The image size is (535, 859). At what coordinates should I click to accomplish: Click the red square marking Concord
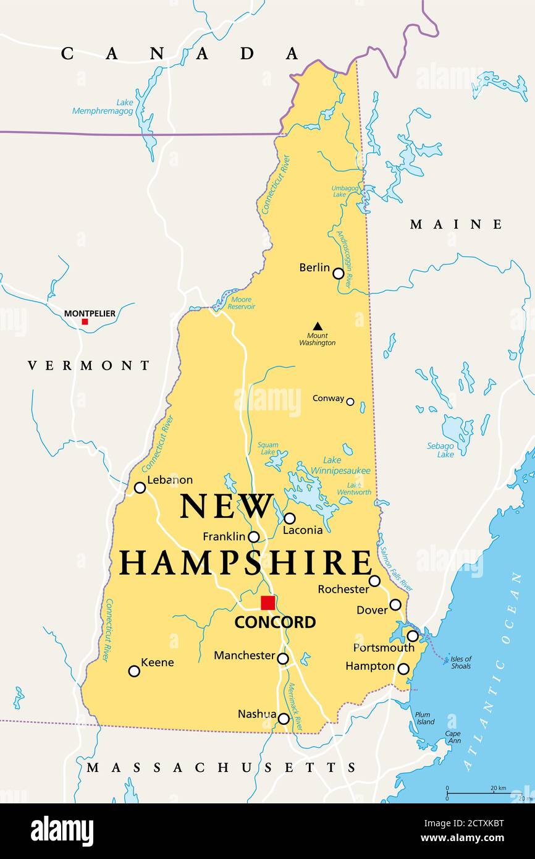coord(267,603)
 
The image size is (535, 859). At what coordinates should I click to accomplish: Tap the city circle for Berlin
coord(338,273)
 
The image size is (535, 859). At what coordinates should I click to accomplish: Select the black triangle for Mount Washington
coord(317,326)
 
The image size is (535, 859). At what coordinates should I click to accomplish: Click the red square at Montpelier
coord(85,321)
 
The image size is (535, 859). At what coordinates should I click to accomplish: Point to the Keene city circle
coord(134,671)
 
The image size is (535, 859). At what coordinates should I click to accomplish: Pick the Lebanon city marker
coord(140,488)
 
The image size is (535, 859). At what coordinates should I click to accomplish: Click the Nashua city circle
coord(284,718)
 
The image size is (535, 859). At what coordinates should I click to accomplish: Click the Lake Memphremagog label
coord(103,106)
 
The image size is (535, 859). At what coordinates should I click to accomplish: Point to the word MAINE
coord(456,224)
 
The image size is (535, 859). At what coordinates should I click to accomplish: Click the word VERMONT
coord(89,365)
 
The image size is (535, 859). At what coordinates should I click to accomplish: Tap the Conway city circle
coord(350,402)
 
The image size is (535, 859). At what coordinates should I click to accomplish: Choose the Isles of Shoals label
coord(461,662)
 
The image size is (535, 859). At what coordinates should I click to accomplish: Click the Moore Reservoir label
coord(240,303)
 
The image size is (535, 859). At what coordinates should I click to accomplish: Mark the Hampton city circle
coord(403,669)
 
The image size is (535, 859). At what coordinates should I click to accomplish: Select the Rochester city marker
coord(374,581)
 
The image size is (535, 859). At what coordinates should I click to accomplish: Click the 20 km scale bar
coord(476,792)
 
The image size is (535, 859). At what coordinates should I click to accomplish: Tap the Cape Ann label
coord(453,737)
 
